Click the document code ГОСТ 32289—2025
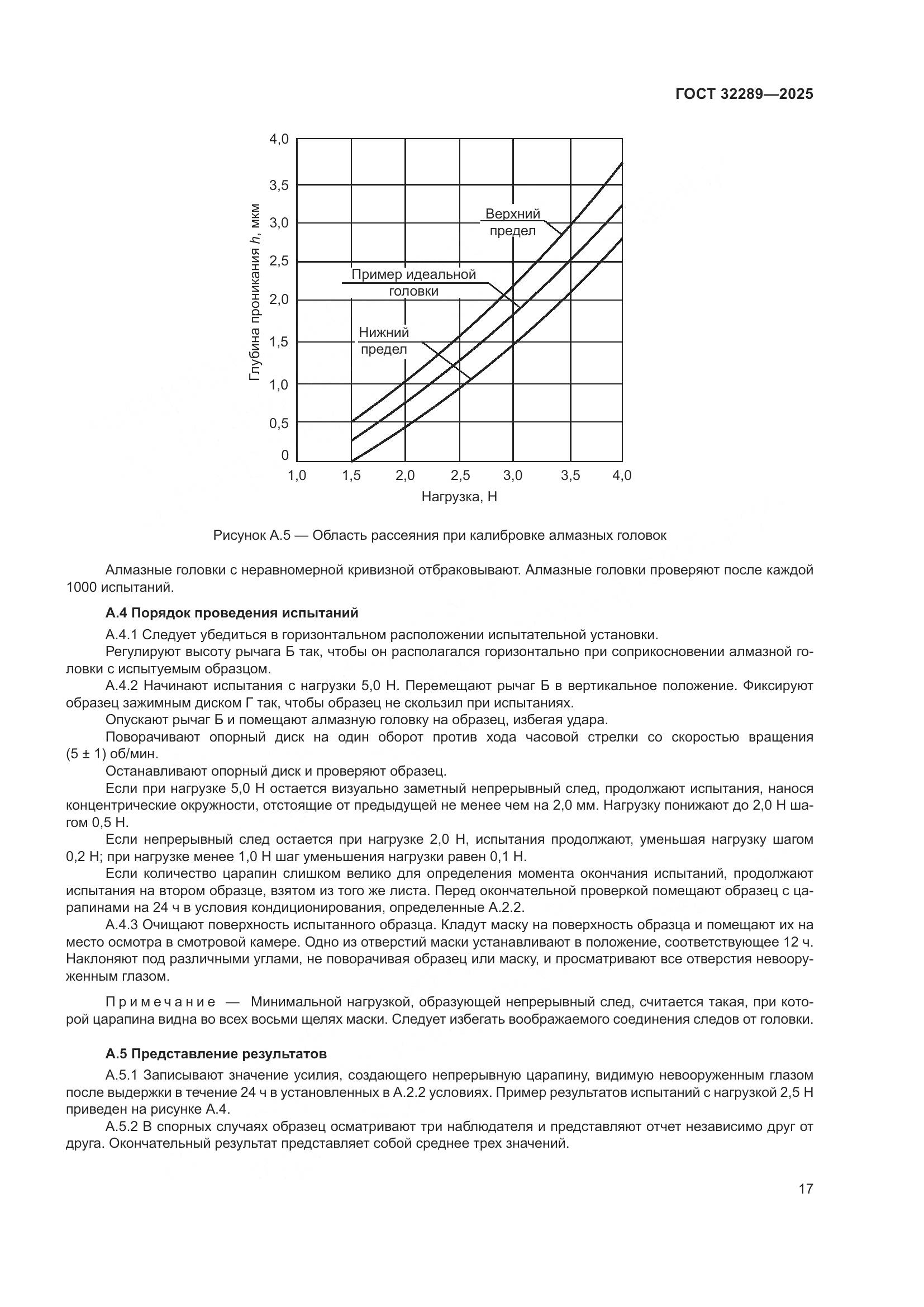point(744,94)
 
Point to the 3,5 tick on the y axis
point(279,185)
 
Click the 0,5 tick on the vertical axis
point(279,423)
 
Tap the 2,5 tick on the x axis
point(460,476)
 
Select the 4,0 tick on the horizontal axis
point(621,476)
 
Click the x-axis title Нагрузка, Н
point(459,497)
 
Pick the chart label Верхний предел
point(512,222)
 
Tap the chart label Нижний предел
point(384,340)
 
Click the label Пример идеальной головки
point(413,283)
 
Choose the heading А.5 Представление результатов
point(216,1054)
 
